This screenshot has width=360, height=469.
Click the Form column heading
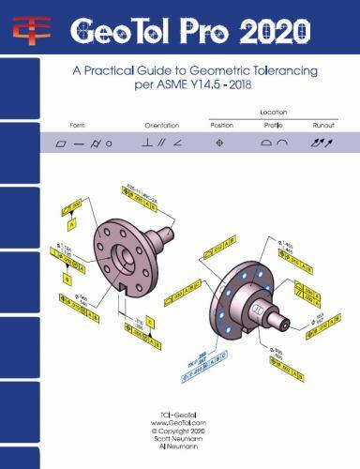[x=76, y=125]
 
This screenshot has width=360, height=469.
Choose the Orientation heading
[x=161, y=125]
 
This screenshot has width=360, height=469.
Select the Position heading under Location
[x=221, y=125]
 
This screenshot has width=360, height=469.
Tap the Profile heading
[x=274, y=125]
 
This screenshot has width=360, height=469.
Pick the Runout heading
[x=324, y=125]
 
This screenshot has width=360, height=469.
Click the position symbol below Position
[x=221, y=143]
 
